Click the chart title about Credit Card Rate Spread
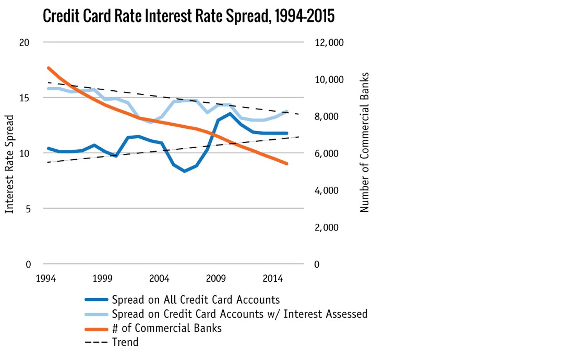[188, 16]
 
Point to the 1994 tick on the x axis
[46, 279]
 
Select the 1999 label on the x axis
[102, 279]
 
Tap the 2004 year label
[159, 279]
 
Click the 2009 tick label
[216, 279]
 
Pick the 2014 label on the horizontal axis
[272, 279]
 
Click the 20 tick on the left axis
[24, 43]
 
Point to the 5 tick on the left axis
[28, 209]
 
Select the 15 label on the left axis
[24, 98]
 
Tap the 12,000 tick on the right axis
[329, 43]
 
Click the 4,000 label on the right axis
[326, 191]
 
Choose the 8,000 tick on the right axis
[326, 117]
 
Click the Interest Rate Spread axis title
[9, 164]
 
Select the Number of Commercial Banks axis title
[364, 142]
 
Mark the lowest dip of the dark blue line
[184, 171]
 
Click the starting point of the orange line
[49, 68]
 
